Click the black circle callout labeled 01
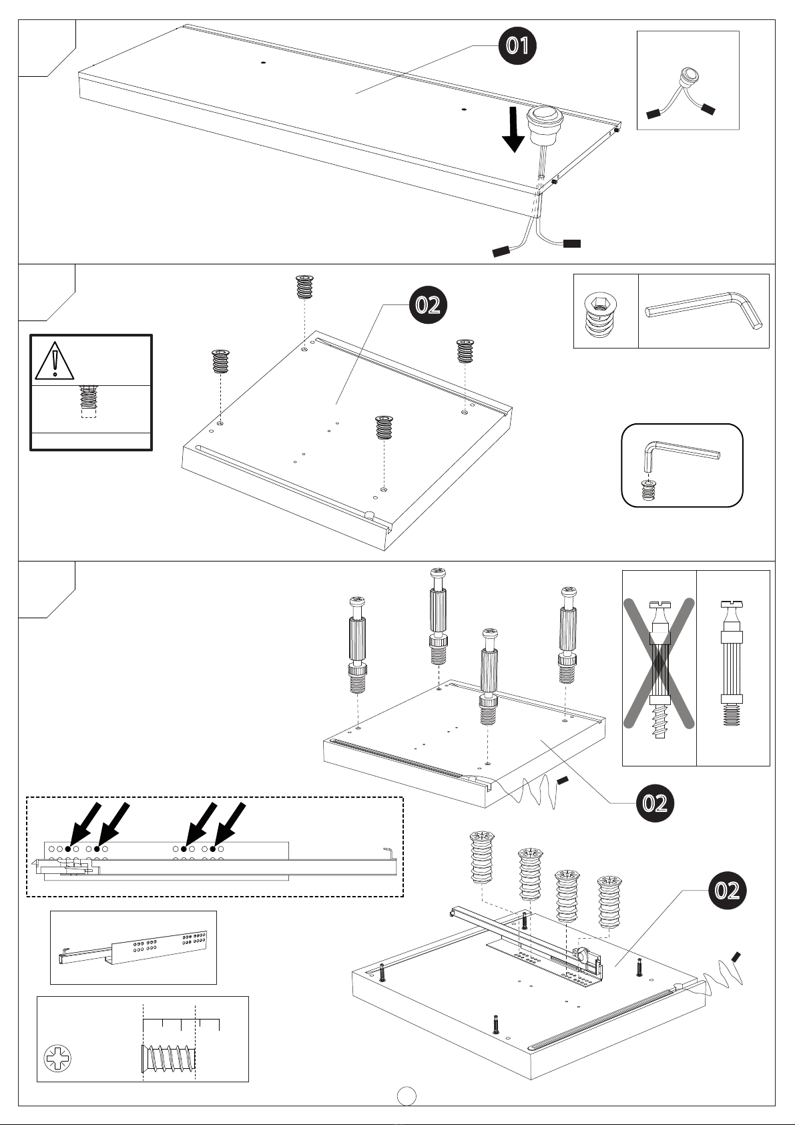(517, 45)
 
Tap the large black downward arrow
(513, 129)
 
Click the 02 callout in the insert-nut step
(427, 305)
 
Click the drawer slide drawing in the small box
(134, 947)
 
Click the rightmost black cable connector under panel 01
(571, 243)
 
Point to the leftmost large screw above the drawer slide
(481, 858)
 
